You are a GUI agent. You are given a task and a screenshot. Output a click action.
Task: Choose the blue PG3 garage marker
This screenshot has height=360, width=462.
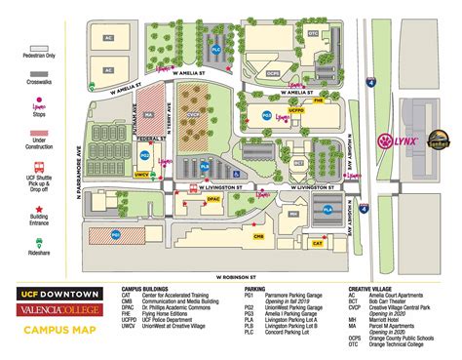pyautogui.click(x=265, y=115)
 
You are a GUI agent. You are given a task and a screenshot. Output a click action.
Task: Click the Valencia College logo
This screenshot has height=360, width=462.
pyautogui.click(x=55, y=309)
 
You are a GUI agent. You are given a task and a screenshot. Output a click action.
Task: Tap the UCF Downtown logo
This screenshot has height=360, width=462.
pyautogui.click(x=55, y=293)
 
